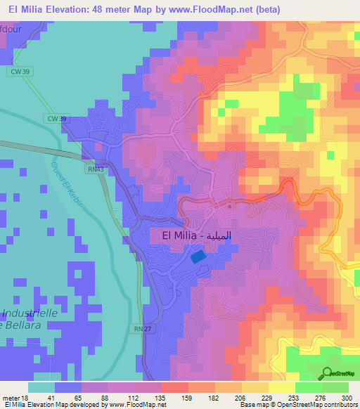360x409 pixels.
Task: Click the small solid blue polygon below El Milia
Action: click(x=199, y=257)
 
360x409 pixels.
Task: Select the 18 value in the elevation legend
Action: click(x=25, y=398)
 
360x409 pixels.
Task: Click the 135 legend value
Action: click(x=148, y=398)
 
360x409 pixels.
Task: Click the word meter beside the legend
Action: click(x=11, y=398)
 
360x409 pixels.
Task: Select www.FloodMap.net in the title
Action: click(x=224, y=9)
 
